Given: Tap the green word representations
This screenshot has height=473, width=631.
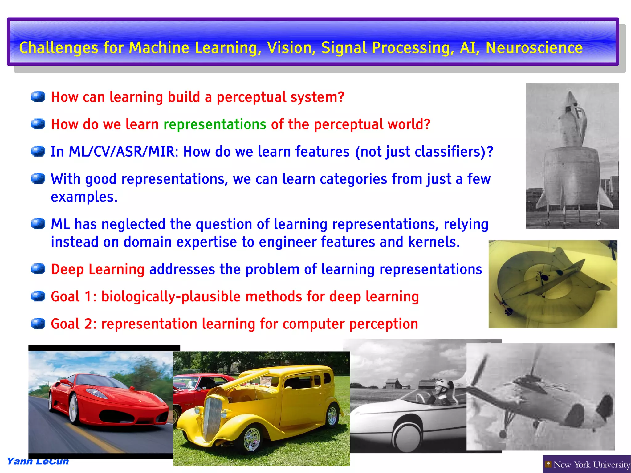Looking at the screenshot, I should click(215, 124).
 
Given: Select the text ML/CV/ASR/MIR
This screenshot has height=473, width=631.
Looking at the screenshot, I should click(122, 152).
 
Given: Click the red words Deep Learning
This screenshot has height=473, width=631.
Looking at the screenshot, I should click(98, 269).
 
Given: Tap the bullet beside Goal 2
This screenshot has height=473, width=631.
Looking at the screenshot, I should click(38, 323).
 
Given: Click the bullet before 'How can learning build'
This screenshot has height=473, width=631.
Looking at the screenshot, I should click(38, 96).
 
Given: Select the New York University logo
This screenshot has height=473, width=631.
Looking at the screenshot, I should click(587, 464).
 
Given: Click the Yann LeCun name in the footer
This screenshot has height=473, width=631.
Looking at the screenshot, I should click(38, 461).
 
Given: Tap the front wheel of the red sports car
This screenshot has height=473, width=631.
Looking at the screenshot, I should click(73, 409).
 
